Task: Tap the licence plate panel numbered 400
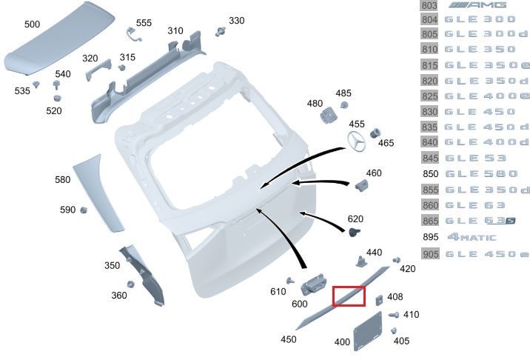click(x=366, y=332)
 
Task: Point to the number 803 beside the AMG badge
click(x=429, y=5)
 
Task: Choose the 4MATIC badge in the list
click(x=482, y=237)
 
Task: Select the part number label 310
click(x=175, y=30)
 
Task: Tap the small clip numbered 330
click(x=221, y=32)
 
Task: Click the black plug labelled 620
click(x=355, y=232)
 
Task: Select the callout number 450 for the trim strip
click(x=288, y=339)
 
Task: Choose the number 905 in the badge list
click(x=429, y=254)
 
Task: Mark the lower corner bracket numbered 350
click(x=144, y=273)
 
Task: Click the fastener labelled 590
click(x=84, y=210)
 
